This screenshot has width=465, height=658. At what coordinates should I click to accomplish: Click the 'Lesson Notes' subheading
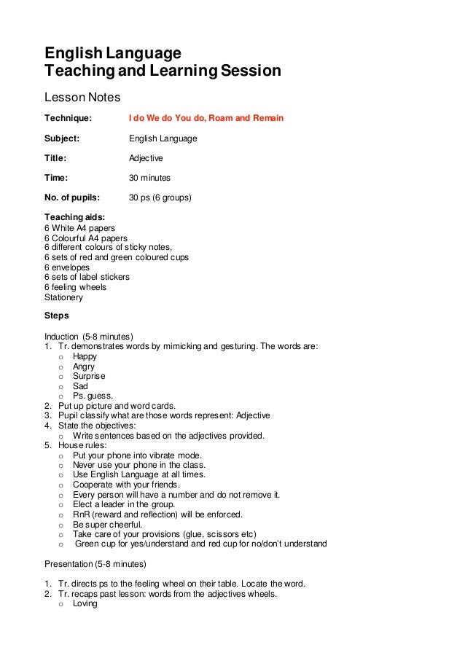click(x=82, y=97)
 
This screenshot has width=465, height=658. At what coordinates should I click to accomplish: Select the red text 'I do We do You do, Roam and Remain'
click(x=206, y=118)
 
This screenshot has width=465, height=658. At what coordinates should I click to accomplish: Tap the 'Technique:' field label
click(x=69, y=118)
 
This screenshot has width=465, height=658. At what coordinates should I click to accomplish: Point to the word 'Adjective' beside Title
click(x=146, y=158)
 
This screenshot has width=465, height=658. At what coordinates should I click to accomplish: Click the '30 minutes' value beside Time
click(x=150, y=178)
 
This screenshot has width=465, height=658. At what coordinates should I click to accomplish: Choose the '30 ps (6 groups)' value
click(x=160, y=197)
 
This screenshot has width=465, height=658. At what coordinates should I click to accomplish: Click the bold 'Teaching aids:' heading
click(x=74, y=217)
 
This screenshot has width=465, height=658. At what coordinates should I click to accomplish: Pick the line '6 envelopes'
click(x=67, y=267)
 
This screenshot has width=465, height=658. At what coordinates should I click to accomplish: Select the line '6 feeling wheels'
click(x=76, y=287)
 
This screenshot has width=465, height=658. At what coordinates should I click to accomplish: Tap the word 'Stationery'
click(x=64, y=297)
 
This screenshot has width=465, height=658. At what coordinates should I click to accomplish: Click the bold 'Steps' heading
click(x=57, y=316)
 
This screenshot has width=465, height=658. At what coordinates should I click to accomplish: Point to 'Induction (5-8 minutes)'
click(x=89, y=337)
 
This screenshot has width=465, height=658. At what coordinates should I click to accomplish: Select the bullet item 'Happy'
click(x=85, y=356)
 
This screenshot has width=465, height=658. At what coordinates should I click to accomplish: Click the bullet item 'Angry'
click(x=84, y=367)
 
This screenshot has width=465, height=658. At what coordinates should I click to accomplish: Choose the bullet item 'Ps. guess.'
click(x=93, y=396)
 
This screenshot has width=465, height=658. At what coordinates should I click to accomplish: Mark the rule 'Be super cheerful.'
click(x=108, y=524)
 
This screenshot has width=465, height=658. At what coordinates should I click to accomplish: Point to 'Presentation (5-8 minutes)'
click(x=95, y=564)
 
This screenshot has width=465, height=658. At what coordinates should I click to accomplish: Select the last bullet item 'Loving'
click(x=85, y=603)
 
